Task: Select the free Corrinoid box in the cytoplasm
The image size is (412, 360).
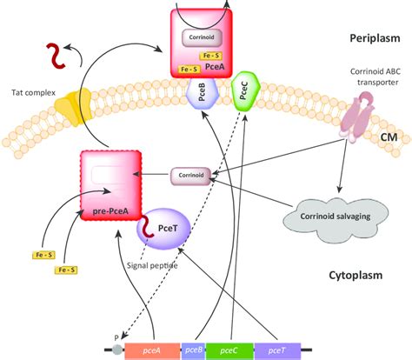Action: click(190, 177)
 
